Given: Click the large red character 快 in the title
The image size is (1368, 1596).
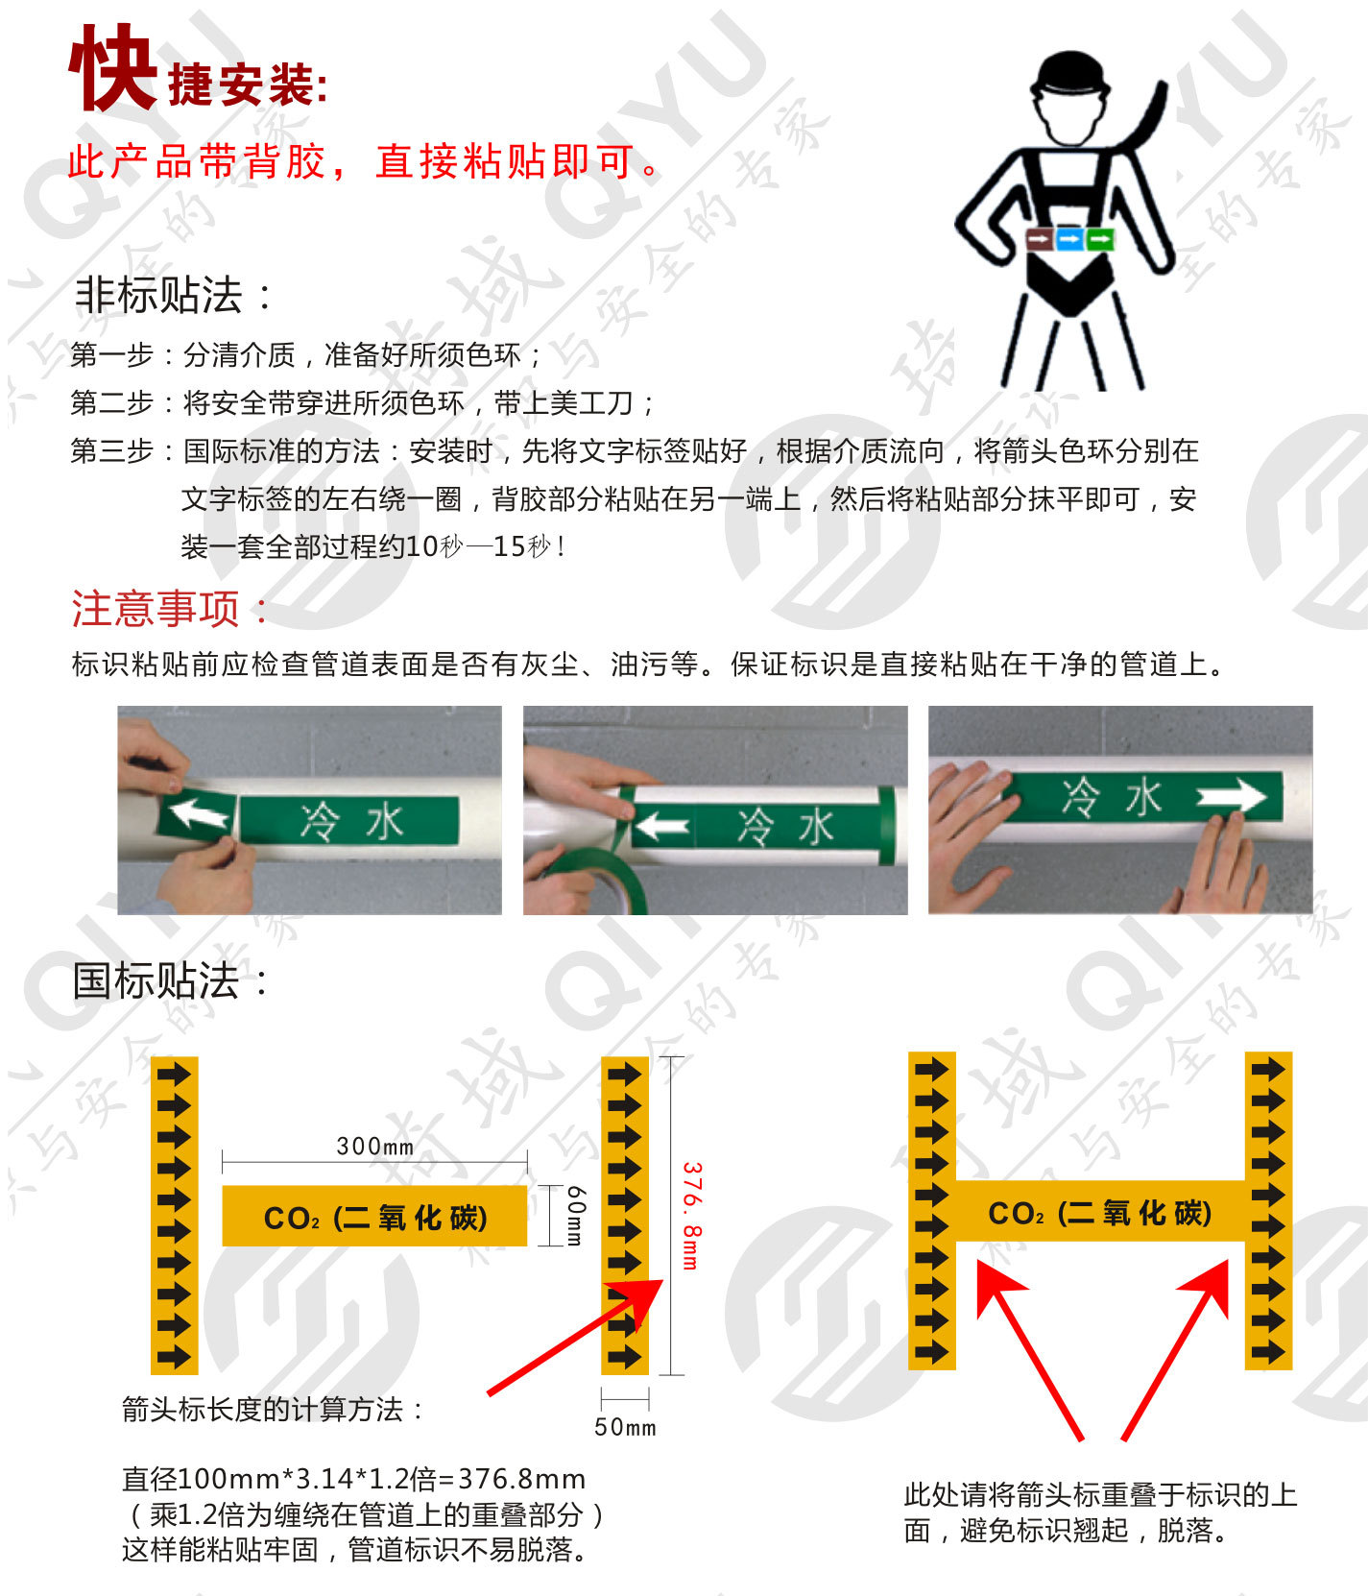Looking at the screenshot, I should click(x=112, y=69).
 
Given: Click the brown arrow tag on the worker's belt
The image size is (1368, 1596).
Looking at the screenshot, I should click(x=1039, y=237).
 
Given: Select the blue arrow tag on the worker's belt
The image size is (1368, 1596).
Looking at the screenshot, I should click(x=1069, y=237).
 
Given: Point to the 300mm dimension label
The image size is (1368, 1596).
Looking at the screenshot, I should click(x=374, y=1146).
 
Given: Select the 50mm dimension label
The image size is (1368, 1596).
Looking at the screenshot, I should click(x=625, y=1427).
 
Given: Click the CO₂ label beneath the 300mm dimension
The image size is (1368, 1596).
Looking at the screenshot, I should click(x=374, y=1217).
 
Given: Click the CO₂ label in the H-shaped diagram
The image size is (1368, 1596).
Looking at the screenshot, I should click(x=1099, y=1212).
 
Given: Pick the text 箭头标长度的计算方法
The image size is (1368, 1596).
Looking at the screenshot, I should click(x=272, y=1410).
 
